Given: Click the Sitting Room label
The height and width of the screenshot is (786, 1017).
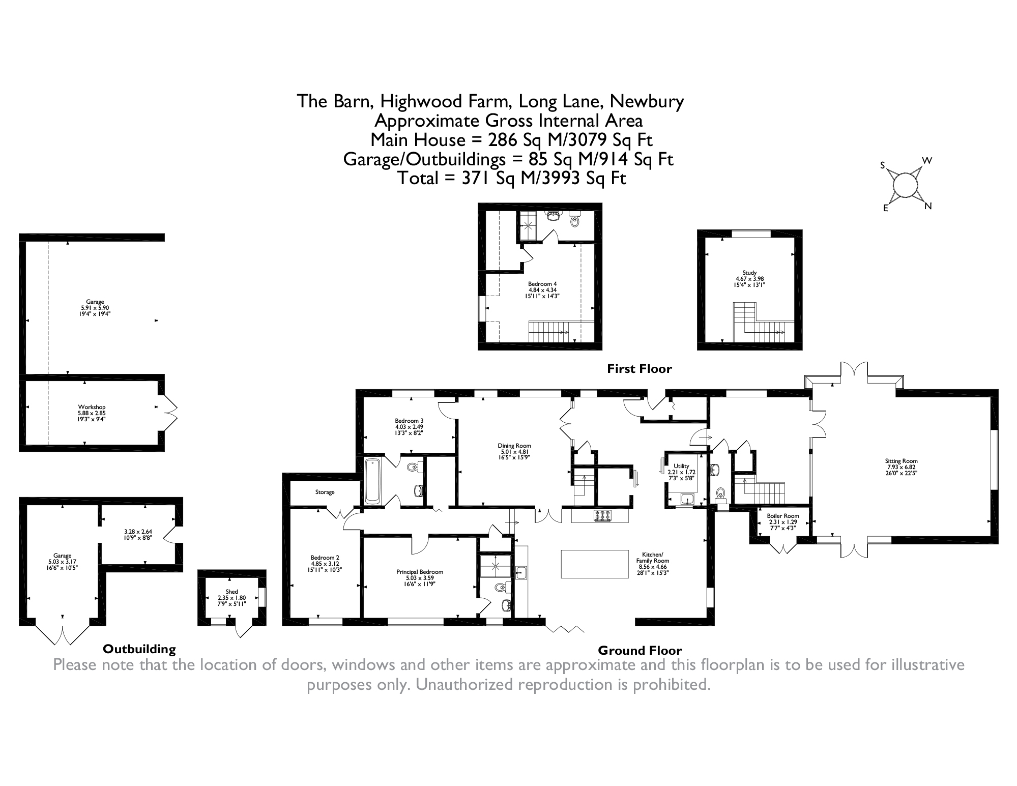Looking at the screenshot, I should [x=901, y=461].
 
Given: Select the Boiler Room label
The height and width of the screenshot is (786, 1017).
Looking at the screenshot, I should [x=783, y=516].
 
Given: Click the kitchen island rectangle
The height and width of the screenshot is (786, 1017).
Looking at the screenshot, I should [x=594, y=564].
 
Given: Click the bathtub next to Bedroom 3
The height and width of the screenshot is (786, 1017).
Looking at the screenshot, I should [x=374, y=481].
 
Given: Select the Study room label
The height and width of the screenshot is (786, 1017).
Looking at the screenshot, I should [x=749, y=273].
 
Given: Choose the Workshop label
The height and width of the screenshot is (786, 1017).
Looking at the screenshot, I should [x=92, y=407].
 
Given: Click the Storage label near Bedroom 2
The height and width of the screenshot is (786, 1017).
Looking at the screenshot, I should [x=325, y=492].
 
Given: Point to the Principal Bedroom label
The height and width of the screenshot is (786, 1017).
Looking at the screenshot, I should [x=419, y=572].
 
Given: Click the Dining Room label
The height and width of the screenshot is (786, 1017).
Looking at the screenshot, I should [x=514, y=446].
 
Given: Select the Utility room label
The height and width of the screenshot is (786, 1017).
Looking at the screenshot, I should [x=681, y=466].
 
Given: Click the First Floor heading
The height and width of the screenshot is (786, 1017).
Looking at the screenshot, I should [x=639, y=369].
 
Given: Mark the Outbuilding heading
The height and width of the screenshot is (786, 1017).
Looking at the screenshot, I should [x=139, y=649].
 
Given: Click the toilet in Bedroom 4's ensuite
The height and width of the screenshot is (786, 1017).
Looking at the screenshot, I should [x=575, y=221].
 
